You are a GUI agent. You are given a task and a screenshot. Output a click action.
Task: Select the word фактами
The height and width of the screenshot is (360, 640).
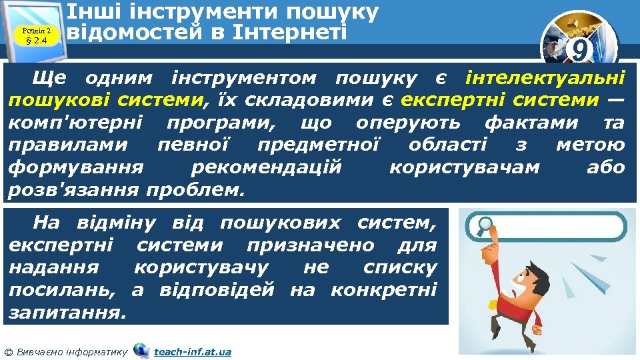(x=533, y=123)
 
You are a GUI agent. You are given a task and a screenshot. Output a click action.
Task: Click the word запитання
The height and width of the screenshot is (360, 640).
(x=67, y=312)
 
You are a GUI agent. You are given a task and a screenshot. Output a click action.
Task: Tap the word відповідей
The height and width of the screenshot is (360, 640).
(x=217, y=290)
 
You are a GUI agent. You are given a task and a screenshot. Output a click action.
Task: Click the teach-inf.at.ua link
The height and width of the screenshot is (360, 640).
(x=192, y=351)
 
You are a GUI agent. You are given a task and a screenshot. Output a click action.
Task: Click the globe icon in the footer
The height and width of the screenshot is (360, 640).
(x=141, y=350)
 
